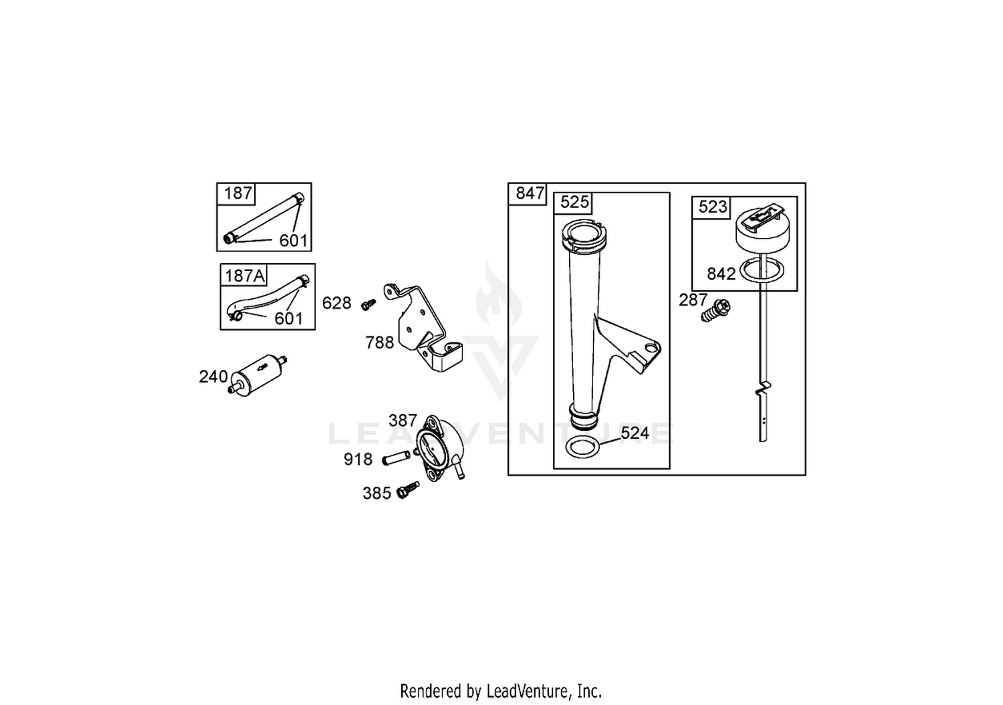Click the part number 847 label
click(530, 193)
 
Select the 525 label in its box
click(574, 203)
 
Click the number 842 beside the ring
click(721, 274)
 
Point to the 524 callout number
click(635, 433)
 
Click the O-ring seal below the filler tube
click(582, 448)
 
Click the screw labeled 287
click(715, 310)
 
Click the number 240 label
click(213, 377)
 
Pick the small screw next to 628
click(368, 304)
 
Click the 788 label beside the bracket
click(380, 343)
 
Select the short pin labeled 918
click(396, 458)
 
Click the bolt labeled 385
click(408, 490)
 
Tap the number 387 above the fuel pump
click(403, 421)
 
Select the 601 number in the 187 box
click(294, 241)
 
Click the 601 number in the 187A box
click(288, 319)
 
